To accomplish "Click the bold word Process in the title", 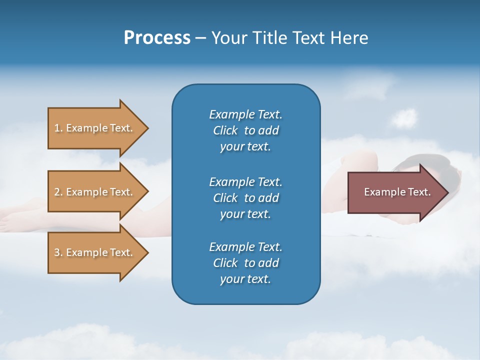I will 157,38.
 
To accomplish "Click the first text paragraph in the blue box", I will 245,130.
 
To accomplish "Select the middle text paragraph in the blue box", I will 245,198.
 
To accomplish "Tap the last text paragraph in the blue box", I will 245,263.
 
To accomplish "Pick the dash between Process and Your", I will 200,38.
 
